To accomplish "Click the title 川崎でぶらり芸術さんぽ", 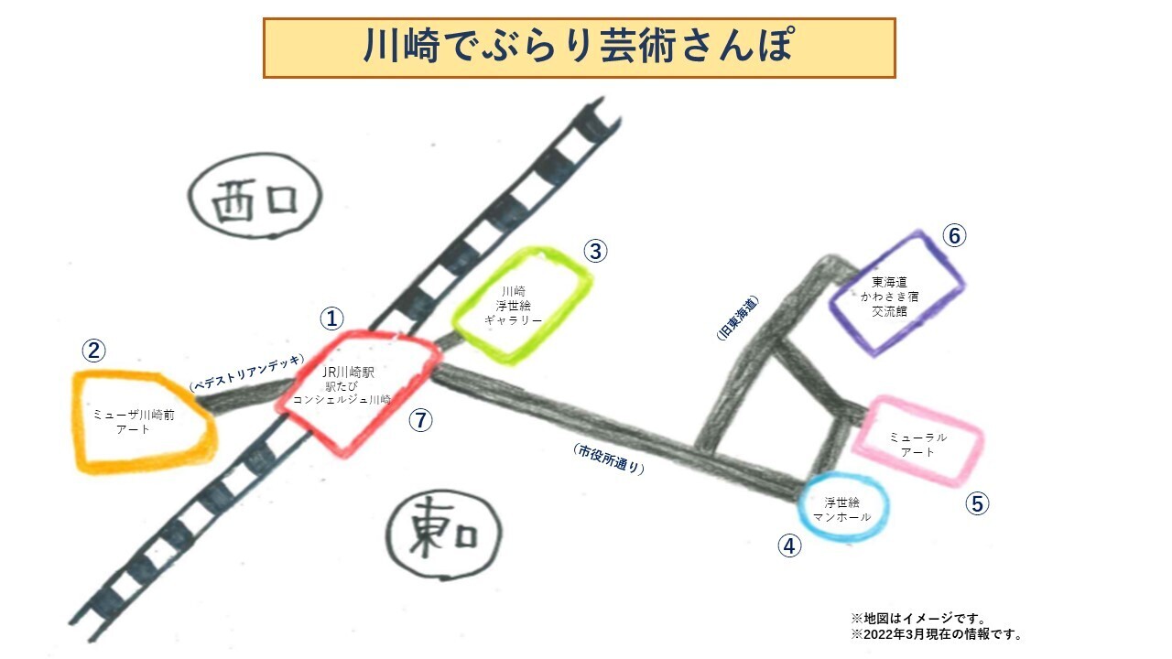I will point(579,48).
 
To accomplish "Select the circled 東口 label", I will point(444,535).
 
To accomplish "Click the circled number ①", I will point(331,319).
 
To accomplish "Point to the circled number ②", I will point(93,351).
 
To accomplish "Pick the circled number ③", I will point(596,251).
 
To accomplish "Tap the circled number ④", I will point(789,546).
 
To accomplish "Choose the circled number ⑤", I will point(978,503).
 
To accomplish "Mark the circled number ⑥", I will point(954,236).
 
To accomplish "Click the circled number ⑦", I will point(420,420).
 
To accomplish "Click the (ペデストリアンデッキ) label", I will point(244,373).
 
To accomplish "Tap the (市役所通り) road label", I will point(609,459).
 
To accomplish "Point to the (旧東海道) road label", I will point(738,319).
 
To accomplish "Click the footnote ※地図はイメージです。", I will point(917,619).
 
